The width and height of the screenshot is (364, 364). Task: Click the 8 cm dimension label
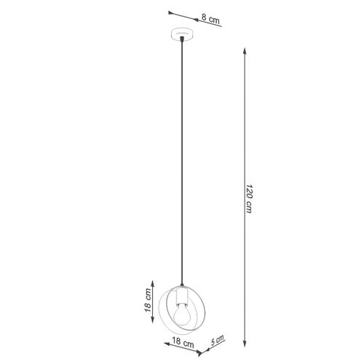coord(210,19)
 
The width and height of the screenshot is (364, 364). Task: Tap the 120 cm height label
coord(249,199)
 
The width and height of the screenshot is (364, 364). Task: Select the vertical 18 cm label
coord(147,300)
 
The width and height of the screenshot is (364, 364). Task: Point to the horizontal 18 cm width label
coord(183,342)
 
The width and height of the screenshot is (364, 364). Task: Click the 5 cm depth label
coord(218,340)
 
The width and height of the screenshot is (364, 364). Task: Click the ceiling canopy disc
coord(182,35)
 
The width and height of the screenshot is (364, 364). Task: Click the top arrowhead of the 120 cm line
coord(245,51)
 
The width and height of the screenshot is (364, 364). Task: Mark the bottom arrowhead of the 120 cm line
coord(245,343)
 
